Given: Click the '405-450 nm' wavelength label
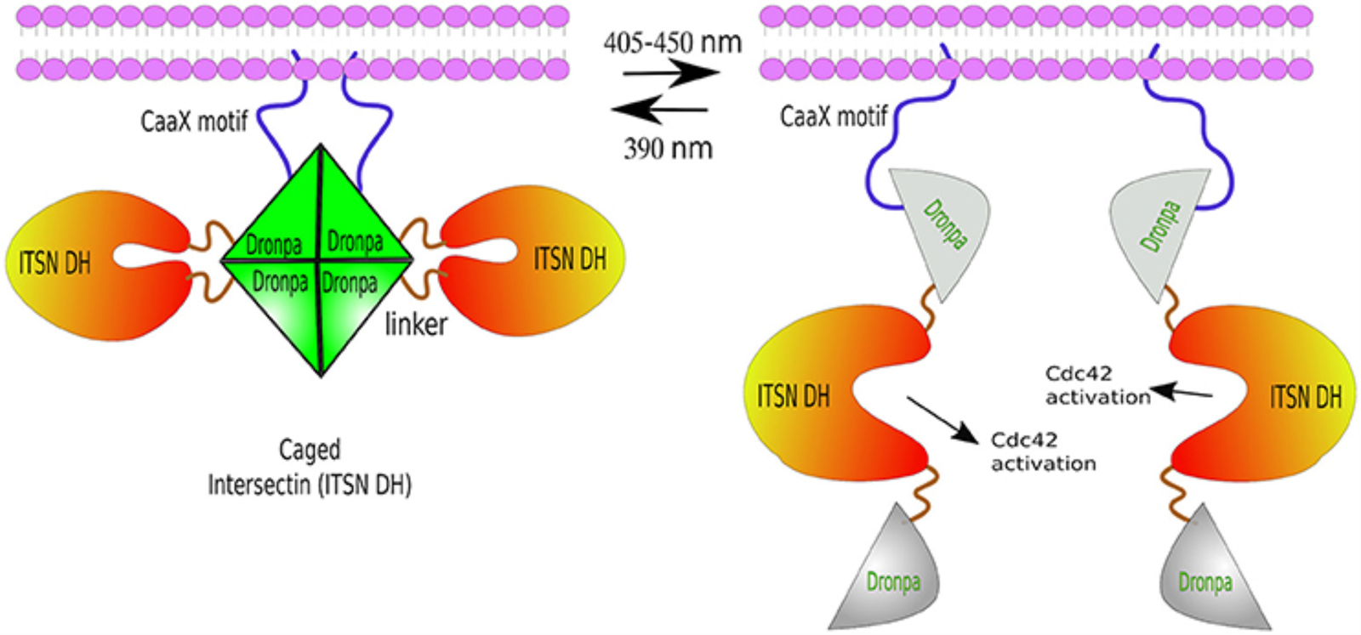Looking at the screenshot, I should tap(672, 43).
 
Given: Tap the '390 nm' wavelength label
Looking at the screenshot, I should tap(668, 149).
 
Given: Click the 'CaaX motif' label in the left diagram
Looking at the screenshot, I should tap(194, 122).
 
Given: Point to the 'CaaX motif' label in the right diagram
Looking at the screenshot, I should tap(833, 116).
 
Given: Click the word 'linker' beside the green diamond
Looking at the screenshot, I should tap(416, 324).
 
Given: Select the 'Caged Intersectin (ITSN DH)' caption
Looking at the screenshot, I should tap(310, 468).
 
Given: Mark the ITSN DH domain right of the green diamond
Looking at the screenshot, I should tap(544, 259).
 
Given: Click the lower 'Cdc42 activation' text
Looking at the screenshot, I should tap(1043, 452).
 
